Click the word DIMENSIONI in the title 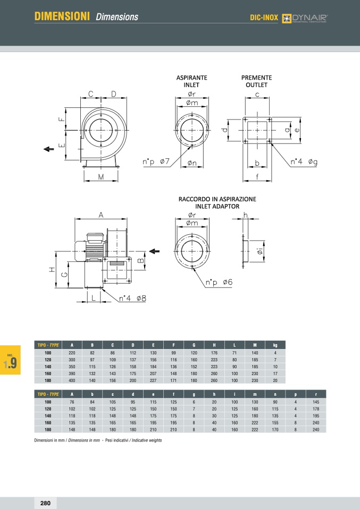click(62, 17)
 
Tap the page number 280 click(45, 503)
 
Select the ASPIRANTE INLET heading click(191, 81)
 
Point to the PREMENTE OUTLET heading click(256, 81)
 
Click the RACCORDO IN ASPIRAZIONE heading click(217, 202)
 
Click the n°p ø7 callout click(156, 162)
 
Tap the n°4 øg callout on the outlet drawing click(304, 162)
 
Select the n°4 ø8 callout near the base click(132, 299)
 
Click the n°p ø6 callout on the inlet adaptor click(219, 282)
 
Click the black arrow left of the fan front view click(49, 149)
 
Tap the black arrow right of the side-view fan click(155, 251)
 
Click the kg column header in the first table click(275, 344)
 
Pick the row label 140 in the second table click(48, 416)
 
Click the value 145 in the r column click(316, 402)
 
